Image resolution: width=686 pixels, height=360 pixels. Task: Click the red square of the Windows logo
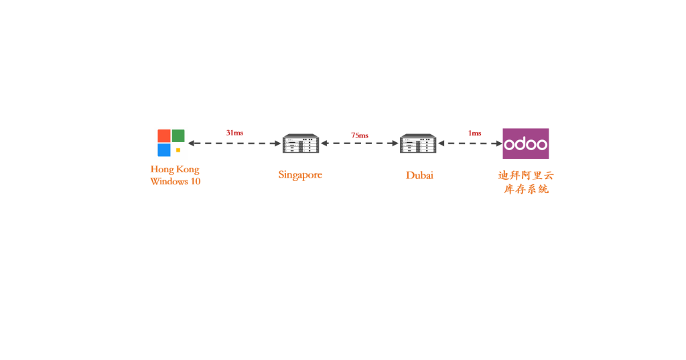[164, 135]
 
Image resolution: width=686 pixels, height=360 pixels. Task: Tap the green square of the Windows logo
[178, 135]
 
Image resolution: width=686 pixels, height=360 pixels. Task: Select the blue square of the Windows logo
[164, 149]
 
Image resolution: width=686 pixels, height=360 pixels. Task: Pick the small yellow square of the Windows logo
[178, 150]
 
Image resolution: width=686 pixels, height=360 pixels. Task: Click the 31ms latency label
[234, 133]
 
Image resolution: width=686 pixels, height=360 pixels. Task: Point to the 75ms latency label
[360, 135]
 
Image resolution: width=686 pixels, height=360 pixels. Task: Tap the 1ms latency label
[474, 133]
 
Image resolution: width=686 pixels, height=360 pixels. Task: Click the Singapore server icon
[301, 143]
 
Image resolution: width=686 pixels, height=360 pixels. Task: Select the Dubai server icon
[418, 143]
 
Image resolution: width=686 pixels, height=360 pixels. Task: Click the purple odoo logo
[526, 143]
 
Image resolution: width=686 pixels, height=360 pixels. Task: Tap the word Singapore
[300, 175]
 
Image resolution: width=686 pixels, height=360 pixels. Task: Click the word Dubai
[419, 176]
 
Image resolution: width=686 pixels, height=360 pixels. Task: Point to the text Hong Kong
[175, 170]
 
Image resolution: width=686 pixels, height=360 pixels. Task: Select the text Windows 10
[175, 182]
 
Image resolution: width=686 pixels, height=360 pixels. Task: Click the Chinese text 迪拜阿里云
[526, 176]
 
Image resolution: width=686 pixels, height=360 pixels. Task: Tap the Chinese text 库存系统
[526, 190]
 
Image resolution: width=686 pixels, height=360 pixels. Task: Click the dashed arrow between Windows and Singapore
[234, 143]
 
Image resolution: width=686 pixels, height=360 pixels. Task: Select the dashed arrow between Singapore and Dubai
[360, 143]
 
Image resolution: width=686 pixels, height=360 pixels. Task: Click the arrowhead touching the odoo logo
[499, 143]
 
